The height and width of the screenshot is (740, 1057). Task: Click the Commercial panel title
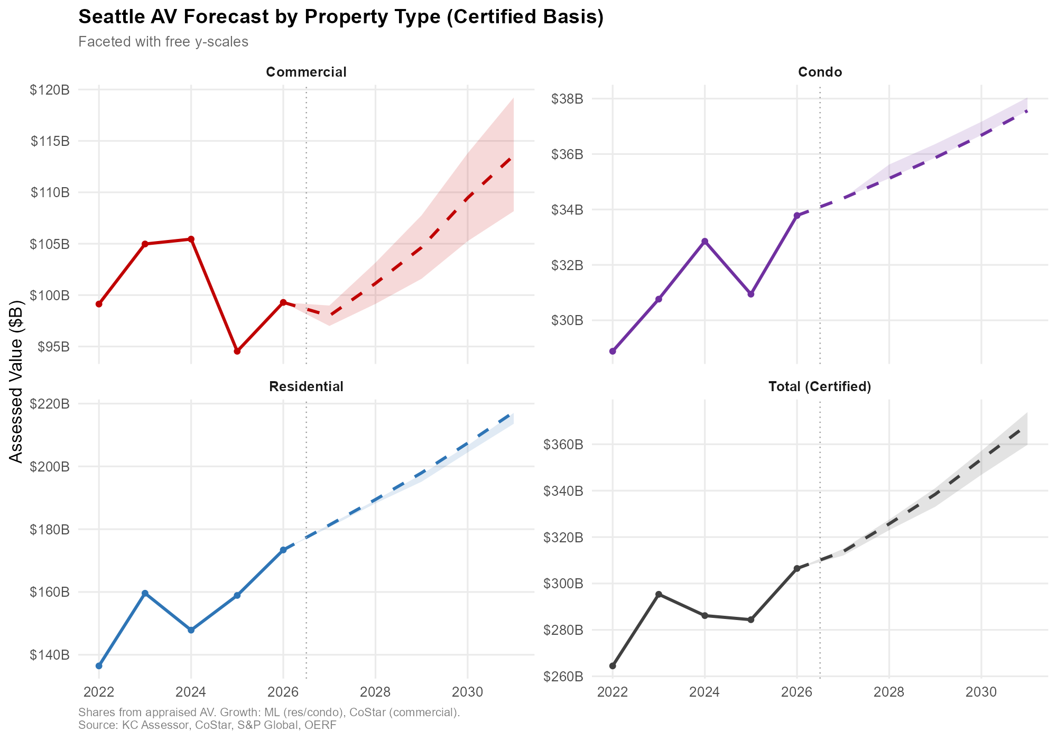pos(306,72)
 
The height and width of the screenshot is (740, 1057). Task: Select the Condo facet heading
pos(820,72)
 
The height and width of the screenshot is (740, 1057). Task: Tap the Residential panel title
pos(306,387)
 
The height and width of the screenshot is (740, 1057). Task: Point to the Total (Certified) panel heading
pos(820,387)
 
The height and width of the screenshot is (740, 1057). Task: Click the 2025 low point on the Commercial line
pos(237,351)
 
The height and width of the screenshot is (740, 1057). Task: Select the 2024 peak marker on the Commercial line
pos(191,239)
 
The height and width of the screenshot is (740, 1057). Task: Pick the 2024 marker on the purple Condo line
pos(704,241)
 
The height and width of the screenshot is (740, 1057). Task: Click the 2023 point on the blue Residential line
pos(145,593)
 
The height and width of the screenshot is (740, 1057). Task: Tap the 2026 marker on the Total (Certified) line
pos(797,569)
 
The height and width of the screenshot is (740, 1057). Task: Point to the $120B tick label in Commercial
pos(50,90)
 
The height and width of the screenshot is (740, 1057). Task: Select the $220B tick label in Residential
pos(50,404)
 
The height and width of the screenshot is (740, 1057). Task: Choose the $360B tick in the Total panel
pos(563,445)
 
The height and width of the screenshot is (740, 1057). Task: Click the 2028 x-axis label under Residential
pos(375,691)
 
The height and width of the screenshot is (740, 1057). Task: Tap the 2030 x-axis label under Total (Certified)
pos(981,691)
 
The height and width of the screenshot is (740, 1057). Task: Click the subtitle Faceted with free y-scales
pos(163,42)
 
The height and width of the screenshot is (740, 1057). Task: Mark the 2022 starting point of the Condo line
pos(613,351)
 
